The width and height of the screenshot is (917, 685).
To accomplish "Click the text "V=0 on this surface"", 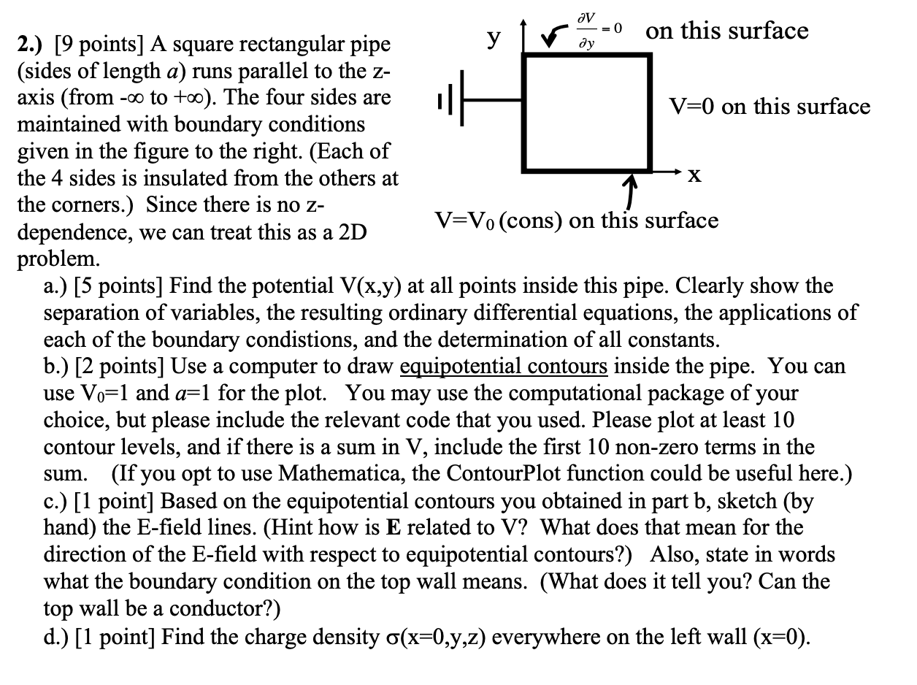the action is point(770,107).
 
